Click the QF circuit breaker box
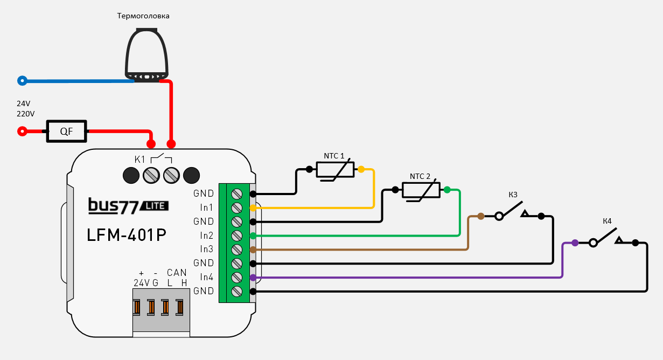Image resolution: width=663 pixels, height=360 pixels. [66, 131]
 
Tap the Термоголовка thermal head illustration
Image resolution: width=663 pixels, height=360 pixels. [146, 54]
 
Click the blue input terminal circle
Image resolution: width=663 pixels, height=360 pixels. [22, 81]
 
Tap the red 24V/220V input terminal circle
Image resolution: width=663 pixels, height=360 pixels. [22, 131]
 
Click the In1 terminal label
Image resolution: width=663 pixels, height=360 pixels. [207, 207]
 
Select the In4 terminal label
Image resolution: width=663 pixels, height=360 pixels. [207, 277]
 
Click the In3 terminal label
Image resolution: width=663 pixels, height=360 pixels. [207, 249]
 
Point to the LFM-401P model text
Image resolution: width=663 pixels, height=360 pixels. [127, 236]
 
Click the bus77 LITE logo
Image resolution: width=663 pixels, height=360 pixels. [128, 205]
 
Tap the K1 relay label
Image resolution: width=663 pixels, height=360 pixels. [140, 159]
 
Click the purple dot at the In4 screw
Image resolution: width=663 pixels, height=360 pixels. [253, 278]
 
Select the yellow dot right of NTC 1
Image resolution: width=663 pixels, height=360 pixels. [361, 169]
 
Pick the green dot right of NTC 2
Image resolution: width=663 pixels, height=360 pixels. [446, 190]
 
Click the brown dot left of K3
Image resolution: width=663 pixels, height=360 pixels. [480, 216]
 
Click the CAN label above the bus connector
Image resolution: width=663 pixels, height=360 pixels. [177, 273]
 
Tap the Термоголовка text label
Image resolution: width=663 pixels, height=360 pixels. [143, 16]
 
